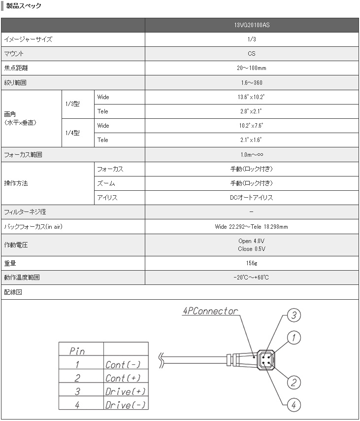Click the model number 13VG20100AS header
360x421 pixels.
click(x=251, y=25)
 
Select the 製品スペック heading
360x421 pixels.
click(x=23, y=6)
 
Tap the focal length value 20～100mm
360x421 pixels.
click(x=251, y=68)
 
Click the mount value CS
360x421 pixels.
click(x=251, y=54)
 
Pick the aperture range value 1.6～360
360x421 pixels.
click(x=251, y=82)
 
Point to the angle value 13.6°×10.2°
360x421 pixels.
click(x=251, y=97)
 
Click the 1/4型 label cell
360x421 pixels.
click(x=72, y=133)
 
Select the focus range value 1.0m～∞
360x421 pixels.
click(x=251, y=155)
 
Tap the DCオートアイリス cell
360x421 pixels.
click(x=251, y=198)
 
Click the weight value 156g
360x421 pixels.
click(x=251, y=263)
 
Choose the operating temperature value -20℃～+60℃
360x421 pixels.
click(x=251, y=278)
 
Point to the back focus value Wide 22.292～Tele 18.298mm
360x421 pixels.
click(x=251, y=227)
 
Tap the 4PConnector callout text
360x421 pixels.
click(x=210, y=312)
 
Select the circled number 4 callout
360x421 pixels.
click(x=294, y=405)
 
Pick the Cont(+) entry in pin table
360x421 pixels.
click(x=123, y=378)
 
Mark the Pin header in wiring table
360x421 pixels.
click(x=77, y=351)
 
